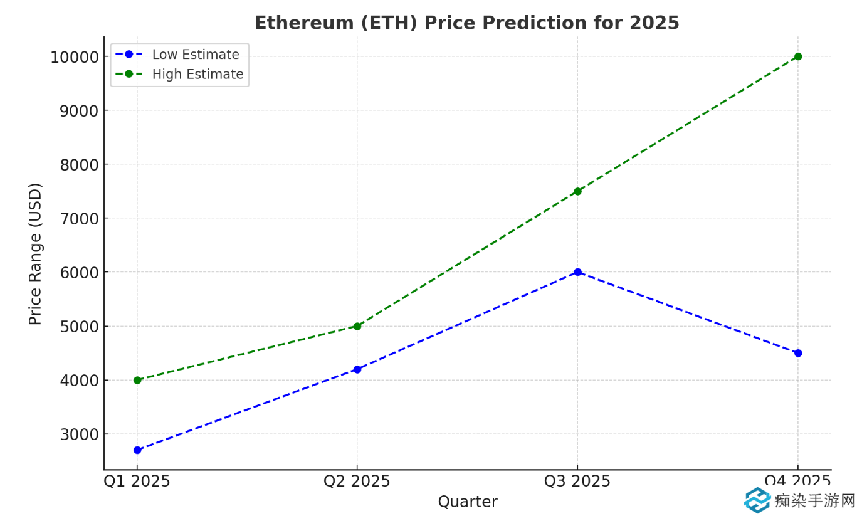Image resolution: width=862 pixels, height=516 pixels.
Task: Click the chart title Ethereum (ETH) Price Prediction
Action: tap(466, 23)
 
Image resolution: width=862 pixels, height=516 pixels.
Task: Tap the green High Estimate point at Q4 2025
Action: tap(797, 56)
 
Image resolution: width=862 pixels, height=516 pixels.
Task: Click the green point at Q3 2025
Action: tap(577, 191)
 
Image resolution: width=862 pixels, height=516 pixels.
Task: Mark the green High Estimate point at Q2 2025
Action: tap(357, 326)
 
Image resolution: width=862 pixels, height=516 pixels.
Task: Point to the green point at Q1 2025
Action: tap(137, 380)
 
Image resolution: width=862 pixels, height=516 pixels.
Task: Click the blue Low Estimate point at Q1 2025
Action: tap(137, 450)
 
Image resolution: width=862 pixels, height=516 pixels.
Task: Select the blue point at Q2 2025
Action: tap(357, 369)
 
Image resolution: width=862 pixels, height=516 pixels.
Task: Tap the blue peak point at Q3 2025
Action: tap(577, 272)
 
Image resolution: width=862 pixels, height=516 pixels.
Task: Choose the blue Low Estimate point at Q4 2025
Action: tap(797, 353)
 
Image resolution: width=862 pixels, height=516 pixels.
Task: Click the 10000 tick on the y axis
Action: tap(75, 57)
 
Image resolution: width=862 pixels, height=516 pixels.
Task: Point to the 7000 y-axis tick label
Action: tap(80, 219)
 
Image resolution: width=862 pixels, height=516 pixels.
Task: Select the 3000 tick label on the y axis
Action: tap(80, 434)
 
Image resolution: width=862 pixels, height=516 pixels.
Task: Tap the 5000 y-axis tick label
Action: tap(80, 327)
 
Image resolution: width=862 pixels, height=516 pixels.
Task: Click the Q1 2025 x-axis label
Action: tap(137, 482)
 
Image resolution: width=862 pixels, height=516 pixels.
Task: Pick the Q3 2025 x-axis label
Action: tap(577, 482)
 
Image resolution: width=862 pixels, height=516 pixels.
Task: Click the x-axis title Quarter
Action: tap(467, 502)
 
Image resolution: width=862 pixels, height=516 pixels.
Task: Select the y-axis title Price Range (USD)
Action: tap(36, 253)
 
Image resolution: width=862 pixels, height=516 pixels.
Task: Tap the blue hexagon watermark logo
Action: tap(757, 500)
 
